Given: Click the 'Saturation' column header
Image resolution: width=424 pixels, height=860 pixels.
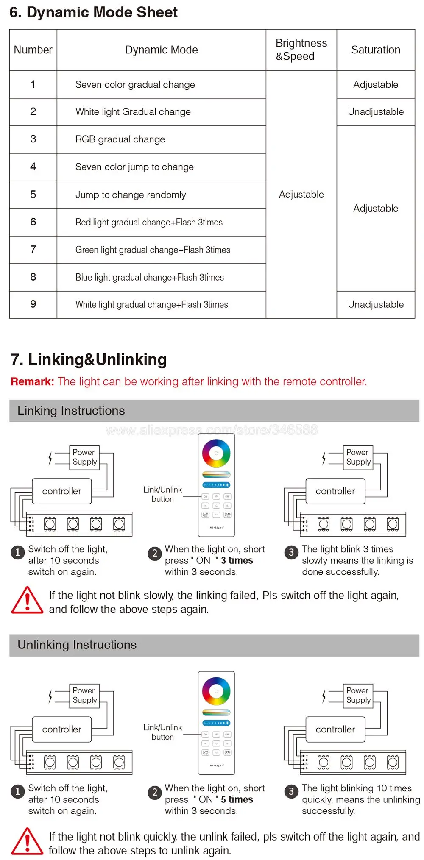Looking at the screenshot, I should (x=376, y=50).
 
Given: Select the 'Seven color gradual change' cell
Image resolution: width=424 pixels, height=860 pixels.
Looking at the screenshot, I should (x=135, y=85).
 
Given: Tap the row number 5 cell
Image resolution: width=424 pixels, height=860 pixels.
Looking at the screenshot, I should (x=33, y=195).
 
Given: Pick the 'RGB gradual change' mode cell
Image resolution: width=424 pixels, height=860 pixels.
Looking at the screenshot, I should (x=120, y=139).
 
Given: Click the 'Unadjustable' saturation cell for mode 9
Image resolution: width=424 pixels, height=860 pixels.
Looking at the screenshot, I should (x=376, y=304).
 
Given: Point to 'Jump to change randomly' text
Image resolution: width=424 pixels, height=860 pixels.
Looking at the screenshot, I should (x=131, y=195).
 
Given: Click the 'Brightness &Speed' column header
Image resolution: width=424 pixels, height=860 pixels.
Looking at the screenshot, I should (x=301, y=50).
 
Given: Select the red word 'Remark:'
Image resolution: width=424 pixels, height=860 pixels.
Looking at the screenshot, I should (x=32, y=381).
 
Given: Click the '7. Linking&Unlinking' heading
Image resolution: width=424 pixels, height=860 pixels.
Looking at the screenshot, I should (x=89, y=359).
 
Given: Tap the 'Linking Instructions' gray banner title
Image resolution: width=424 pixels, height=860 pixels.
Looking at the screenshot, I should (x=71, y=411).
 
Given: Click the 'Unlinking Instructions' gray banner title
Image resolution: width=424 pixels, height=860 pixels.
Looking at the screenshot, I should (x=77, y=645).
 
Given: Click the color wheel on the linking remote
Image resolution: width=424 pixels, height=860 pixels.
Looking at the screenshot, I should (x=216, y=453).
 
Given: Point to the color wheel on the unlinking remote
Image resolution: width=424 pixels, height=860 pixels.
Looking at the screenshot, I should (x=216, y=691).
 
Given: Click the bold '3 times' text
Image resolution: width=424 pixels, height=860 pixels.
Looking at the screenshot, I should (x=237, y=560).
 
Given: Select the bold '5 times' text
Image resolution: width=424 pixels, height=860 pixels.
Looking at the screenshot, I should (x=237, y=799).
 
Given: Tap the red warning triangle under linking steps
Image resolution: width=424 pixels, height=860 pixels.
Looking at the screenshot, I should (x=27, y=601).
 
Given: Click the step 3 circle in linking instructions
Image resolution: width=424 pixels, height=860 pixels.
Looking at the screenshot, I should (x=291, y=552).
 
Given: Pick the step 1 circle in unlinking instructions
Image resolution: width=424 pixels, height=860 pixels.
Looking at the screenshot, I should (x=18, y=791).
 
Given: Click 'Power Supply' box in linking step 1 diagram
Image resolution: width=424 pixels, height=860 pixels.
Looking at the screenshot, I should (x=84, y=457).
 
